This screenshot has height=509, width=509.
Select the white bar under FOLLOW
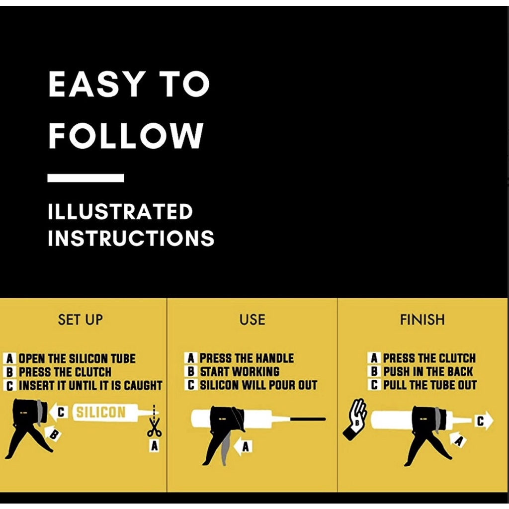pos(85,178)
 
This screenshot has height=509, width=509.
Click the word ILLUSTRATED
pos(120,212)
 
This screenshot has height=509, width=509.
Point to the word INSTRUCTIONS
pos(131,238)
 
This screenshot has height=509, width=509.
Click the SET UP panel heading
pos(80,320)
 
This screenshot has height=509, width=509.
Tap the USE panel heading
pos(252,320)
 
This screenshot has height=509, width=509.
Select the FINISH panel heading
pos(423,320)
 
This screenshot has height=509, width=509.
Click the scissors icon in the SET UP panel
pos(154,427)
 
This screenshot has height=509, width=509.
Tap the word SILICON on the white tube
pos(100,412)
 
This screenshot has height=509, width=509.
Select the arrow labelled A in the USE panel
pos(243,447)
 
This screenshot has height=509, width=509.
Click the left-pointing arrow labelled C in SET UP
pos(59,412)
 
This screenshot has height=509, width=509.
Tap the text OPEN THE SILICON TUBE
pos(77,359)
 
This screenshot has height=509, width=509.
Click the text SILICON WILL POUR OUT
pos(258,385)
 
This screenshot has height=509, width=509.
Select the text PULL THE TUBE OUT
pos(430,385)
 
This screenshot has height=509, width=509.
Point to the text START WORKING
pos(240,372)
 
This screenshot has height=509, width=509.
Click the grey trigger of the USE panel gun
pos(225,448)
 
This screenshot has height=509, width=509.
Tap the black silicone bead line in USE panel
pos(308,419)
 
